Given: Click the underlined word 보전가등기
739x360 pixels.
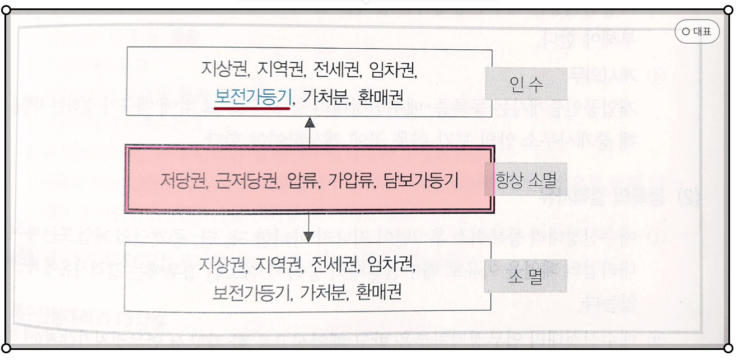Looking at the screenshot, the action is pyautogui.click(x=253, y=97).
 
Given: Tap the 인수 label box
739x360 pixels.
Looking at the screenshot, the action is pyautogui.click(x=526, y=84).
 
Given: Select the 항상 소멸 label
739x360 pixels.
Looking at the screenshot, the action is pyautogui.click(x=526, y=180).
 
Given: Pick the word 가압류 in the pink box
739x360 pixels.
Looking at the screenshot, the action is pyautogui.click(x=351, y=181).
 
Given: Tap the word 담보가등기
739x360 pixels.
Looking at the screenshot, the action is pyautogui.click(x=421, y=181).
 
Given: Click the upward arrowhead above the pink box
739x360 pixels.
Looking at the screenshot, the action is pyautogui.click(x=310, y=123).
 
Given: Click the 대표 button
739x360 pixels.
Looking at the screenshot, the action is pyautogui.click(x=697, y=32).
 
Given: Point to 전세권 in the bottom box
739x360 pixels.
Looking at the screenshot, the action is pyautogui.click(x=332, y=263).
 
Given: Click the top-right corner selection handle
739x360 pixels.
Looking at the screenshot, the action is pyautogui.click(x=728, y=10).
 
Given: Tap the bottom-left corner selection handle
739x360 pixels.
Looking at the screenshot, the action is pyautogui.click(x=7, y=348).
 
